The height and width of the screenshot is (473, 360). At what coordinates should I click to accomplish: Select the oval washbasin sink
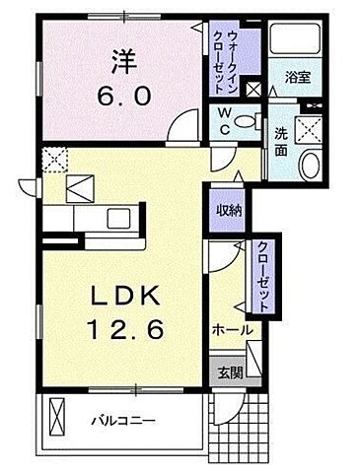pos(311,165)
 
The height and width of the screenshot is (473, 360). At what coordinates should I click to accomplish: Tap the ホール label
pos(232,330)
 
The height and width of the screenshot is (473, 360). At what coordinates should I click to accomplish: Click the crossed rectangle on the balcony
pos(54,413)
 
